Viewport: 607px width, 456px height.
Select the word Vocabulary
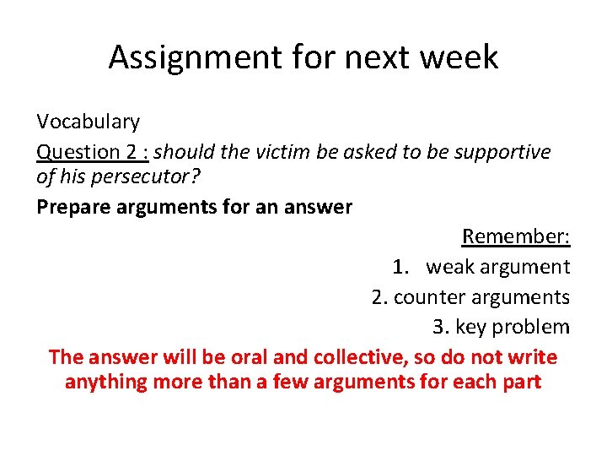pos(88,122)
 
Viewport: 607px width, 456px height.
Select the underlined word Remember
pos(515,237)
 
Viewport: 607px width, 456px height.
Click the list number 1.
pos(400,268)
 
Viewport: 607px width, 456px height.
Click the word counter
pos(425,297)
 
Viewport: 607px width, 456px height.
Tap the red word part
pos(520,383)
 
